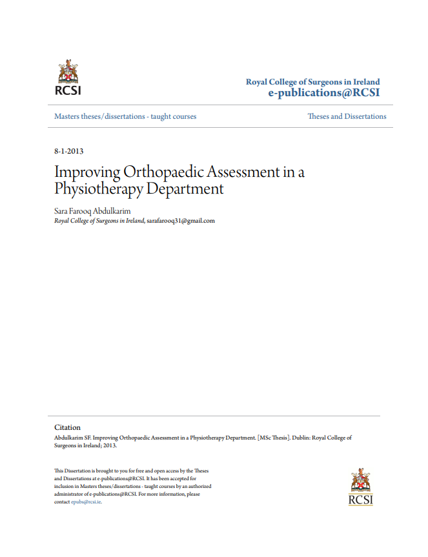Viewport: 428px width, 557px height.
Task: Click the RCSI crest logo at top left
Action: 68,79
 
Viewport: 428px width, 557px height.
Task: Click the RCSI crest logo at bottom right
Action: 360,488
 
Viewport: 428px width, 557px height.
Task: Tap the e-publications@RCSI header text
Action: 323,93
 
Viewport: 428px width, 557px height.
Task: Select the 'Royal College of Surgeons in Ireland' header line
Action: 312,82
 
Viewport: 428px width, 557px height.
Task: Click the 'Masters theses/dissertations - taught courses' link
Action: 125,117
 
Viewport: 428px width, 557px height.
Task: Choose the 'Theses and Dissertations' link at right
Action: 347,117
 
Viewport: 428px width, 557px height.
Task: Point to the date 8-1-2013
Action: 69,152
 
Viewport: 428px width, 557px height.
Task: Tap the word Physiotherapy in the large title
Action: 98,189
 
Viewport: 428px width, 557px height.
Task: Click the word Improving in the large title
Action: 87,172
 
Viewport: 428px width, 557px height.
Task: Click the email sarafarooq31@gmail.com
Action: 181,220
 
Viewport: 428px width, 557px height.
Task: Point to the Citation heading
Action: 68,427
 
